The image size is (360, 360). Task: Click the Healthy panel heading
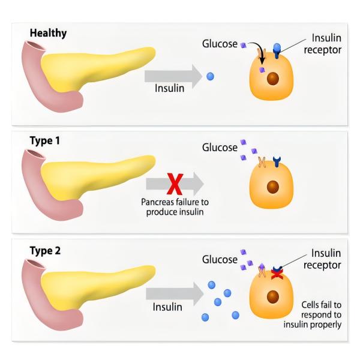(48, 33)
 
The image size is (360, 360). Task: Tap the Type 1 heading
(45, 140)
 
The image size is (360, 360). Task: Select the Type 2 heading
(45, 250)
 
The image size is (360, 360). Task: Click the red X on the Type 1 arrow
(175, 184)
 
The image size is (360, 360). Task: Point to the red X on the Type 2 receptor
(277, 274)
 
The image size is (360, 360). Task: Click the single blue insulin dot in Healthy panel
(211, 76)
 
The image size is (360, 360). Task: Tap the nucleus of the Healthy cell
(273, 79)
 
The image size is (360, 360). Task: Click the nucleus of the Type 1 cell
(273, 187)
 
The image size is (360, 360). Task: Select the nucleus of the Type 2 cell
(273, 296)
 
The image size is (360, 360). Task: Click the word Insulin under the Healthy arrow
(170, 88)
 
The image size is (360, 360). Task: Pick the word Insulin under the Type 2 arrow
(167, 307)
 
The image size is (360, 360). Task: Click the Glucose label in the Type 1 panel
(220, 148)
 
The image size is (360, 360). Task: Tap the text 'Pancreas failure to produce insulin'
(175, 207)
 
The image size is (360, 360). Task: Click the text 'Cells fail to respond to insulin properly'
(313, 315)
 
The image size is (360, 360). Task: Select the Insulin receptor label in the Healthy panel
(323, 44)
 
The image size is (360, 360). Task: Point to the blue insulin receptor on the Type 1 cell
(277, 161)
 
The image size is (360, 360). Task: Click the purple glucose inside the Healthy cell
(262, 70)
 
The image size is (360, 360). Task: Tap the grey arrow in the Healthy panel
(173, 76)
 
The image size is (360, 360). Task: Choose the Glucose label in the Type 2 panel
(220, 260)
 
